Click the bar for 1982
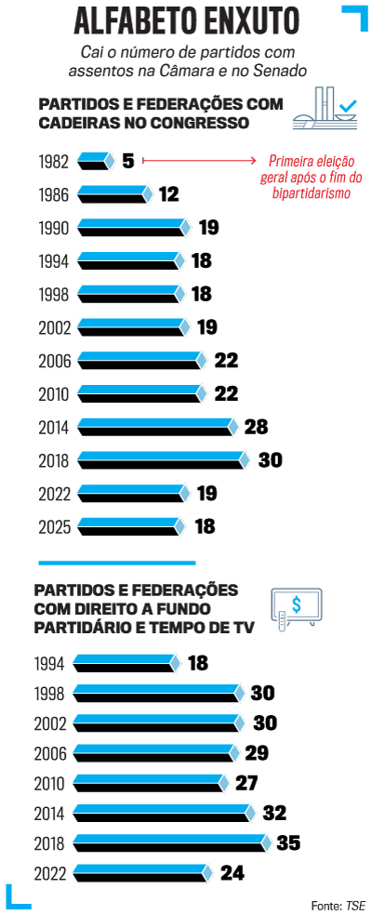pos(95,162)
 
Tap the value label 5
pos(127,162)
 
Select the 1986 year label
pos(54,195)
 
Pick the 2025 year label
pos(54,526)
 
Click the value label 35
pos(288,843)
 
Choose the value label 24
pos(232,873)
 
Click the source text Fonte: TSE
pos(338,903)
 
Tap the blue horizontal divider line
pos(116,562)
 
